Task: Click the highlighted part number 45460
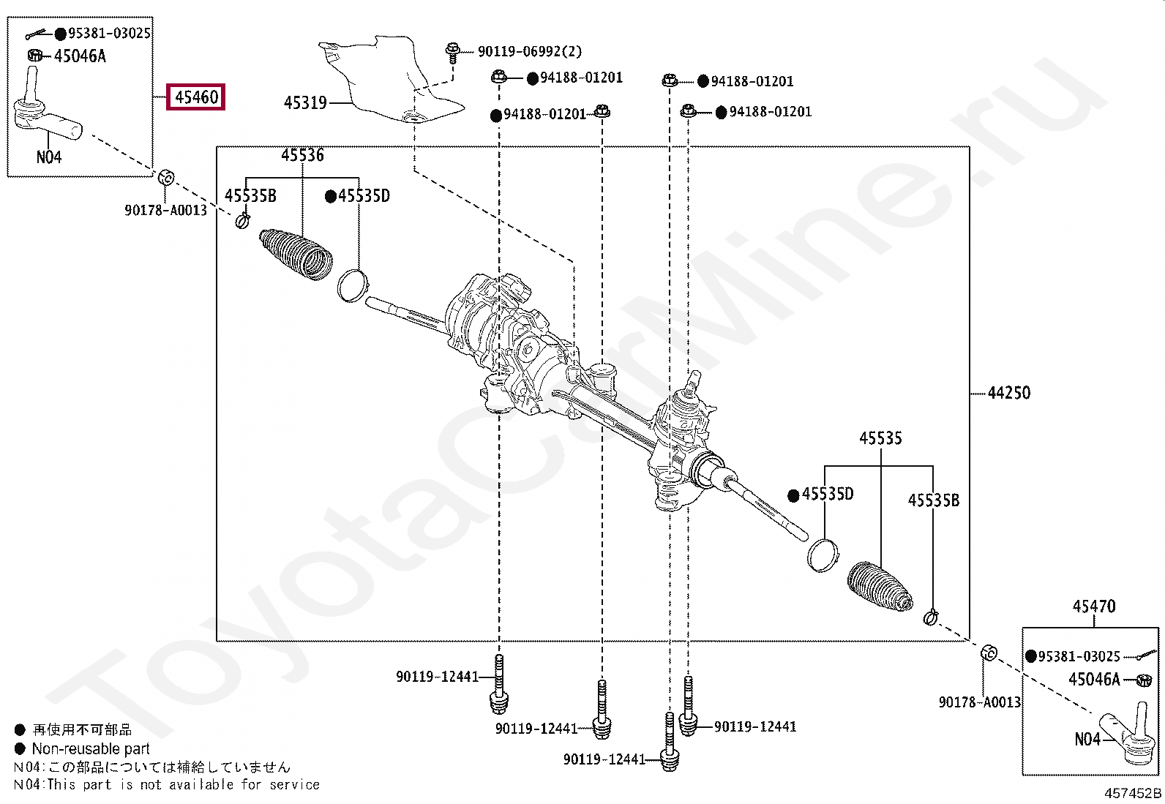[196, 97]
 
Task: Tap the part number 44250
[1008, 393]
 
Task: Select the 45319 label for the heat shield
[305, 103]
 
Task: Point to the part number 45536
[302, 155]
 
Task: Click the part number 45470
[1094, 606]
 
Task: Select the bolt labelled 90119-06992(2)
[452, 53]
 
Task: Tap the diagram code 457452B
[1132, 794]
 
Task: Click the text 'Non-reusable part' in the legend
[91, 748]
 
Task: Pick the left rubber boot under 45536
[296, 254]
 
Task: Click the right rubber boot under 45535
[880, 586]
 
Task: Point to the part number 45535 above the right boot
[880, 438]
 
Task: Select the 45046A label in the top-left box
[80, 56]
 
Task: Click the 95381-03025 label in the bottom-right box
[1079, 656]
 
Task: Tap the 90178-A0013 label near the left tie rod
[165, 211]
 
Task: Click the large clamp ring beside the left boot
[353, 285]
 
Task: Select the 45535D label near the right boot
[827, 495]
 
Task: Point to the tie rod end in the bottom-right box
[1127, 735]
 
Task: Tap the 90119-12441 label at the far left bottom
[437, 677]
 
